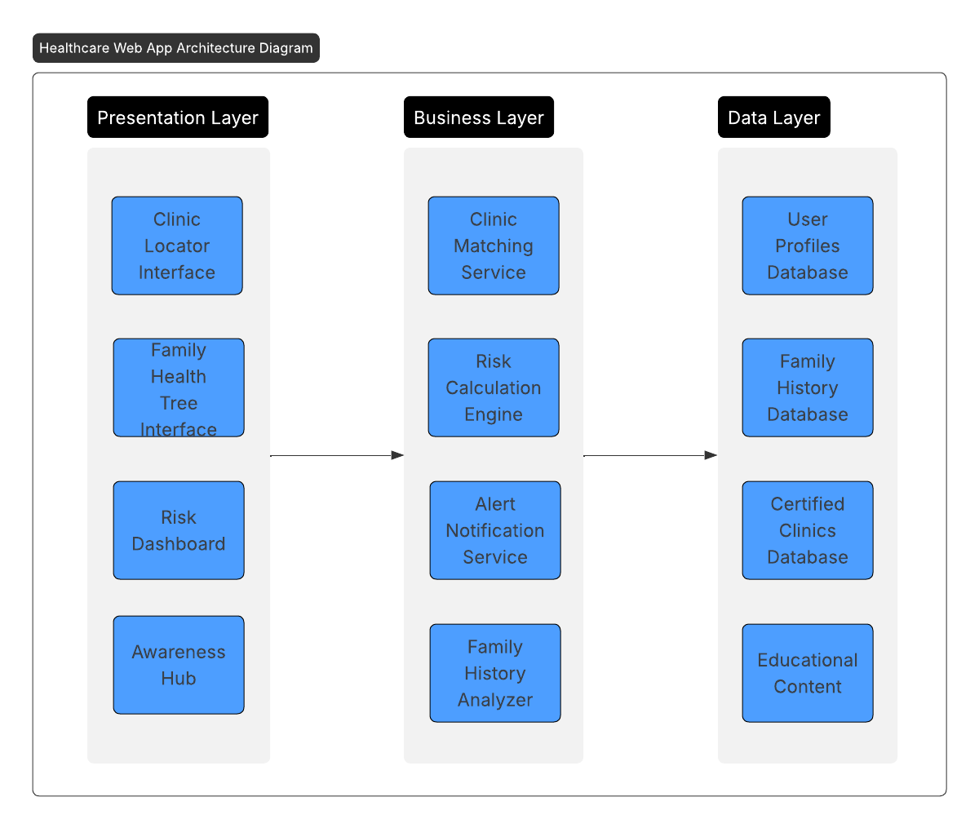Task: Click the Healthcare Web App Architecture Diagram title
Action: coord(176,48)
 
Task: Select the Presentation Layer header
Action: coord(178,117)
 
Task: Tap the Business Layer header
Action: coord(479,117)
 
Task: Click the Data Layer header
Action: coord(773,117)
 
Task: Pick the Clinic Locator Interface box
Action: coord(177,246)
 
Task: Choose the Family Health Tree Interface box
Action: coord(179,388)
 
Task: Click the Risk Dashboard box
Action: coord(179,530)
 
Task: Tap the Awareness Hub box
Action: coord(179,665)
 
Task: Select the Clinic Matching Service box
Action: coord(494,246)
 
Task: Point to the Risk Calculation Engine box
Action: coord(494,387)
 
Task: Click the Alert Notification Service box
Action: coord(495,530)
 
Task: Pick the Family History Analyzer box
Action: coord(495,673)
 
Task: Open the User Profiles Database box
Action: coord(808,246)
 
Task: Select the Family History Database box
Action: coord(808,387)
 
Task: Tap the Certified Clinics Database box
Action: coord(808,530)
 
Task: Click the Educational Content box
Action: coord(808,673)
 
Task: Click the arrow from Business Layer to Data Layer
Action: coord(649,455)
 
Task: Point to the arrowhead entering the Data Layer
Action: coord(711,455)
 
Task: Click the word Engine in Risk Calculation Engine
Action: coord(494,414)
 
